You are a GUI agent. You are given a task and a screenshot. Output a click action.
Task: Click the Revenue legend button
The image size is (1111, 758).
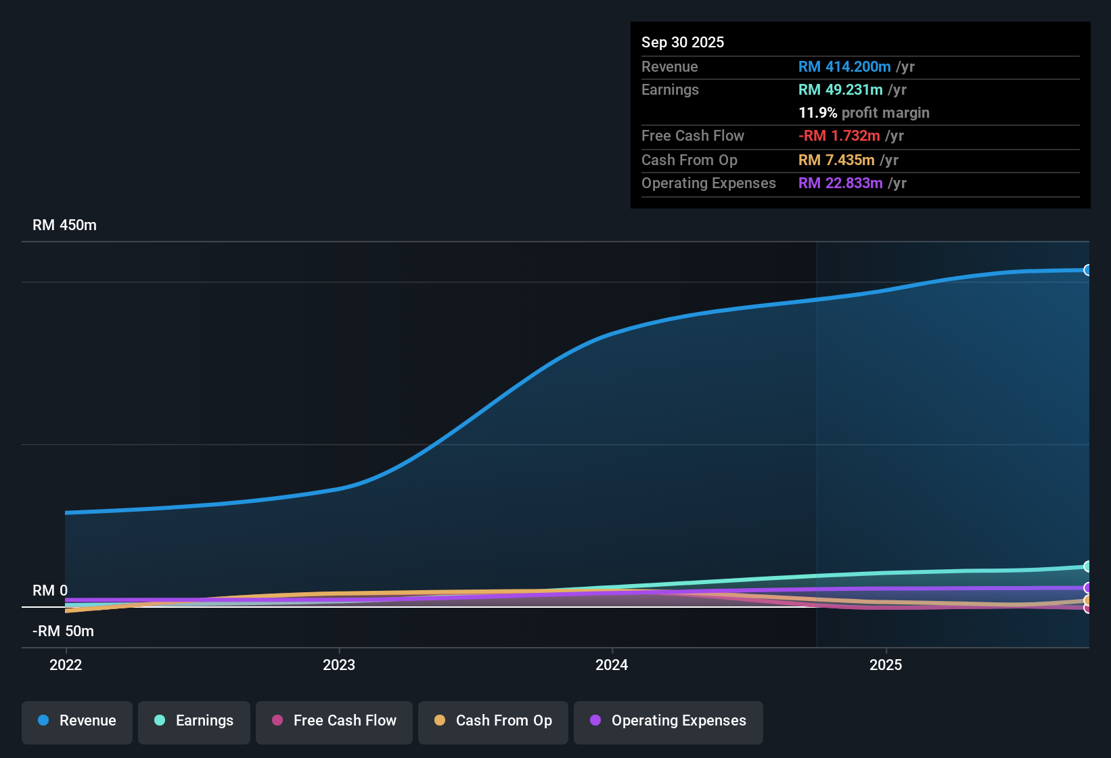click(x=77, y=721)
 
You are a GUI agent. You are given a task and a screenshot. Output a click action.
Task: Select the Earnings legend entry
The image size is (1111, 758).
click(x=194, y=721)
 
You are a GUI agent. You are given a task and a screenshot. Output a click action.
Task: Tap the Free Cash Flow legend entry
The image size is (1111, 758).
click(x=334, y=721)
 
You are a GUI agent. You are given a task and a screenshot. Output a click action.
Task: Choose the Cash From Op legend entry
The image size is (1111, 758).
click(x=493, y=721)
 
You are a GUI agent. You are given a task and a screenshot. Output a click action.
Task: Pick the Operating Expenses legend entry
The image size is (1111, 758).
click(x=668, y=721)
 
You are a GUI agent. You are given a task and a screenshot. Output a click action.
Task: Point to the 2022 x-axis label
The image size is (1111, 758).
click(x=66, y=665)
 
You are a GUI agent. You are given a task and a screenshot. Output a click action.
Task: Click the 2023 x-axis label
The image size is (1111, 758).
click(x=339, y=665)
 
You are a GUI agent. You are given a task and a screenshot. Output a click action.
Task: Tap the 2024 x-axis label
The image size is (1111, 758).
click(x=612, y=665)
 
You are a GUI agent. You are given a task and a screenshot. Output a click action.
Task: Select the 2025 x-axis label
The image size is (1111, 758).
click(x=886, y=665)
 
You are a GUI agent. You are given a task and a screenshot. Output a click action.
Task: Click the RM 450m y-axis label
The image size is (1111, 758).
click(x=64, y=225)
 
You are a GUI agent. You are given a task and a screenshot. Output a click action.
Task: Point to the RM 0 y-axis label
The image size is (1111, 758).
click(x=50, y=590)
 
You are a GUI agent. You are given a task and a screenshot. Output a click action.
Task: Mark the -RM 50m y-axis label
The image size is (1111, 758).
click(x=63, y=631)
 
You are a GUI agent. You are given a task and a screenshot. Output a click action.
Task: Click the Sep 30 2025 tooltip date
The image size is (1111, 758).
click(x=682, y=42)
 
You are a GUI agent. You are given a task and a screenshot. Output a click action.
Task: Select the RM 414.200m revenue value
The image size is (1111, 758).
click(x=844, y=66)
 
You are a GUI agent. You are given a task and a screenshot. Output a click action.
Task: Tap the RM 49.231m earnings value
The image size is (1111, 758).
click(x=840, y=90)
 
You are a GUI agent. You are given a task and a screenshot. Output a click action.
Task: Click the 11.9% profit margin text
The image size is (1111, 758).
click(x=863, y=113)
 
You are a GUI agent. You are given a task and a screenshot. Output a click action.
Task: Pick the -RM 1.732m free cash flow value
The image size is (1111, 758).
click(x=839, y=136)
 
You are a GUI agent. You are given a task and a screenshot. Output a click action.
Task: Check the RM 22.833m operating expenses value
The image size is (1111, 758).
click(x=840, y=183)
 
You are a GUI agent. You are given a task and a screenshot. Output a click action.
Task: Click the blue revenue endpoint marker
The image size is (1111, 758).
click(x=1087, y=270)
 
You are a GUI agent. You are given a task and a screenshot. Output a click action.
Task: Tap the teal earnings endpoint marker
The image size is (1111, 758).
click(x=1087, y=566)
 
